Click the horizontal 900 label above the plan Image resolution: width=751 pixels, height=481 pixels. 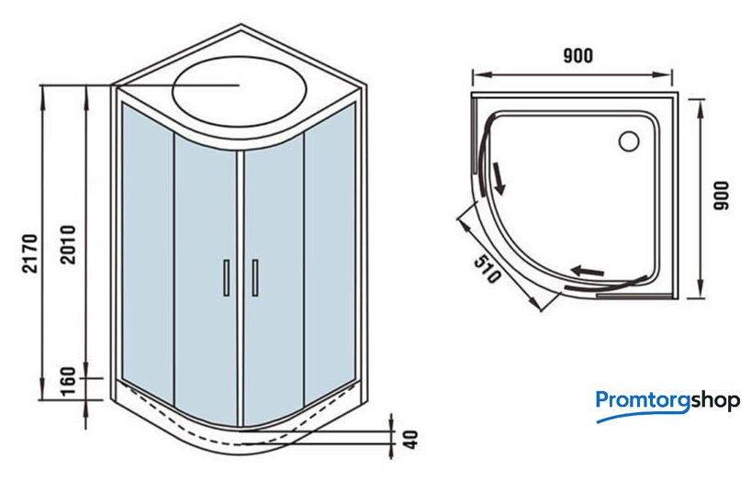coord(577,56)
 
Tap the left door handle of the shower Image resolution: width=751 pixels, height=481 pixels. coord(226,278)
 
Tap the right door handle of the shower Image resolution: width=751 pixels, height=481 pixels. coord(254,278)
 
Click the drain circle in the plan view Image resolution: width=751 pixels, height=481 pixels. coord(630,141)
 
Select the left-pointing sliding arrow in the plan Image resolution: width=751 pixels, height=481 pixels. coord(588,271)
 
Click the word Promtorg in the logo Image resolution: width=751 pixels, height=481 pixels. coord(643,401)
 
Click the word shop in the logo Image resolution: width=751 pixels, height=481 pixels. coord(715,401)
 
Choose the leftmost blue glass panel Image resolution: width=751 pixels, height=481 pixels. coord(146,257)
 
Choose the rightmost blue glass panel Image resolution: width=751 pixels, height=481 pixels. coord(329,257)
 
